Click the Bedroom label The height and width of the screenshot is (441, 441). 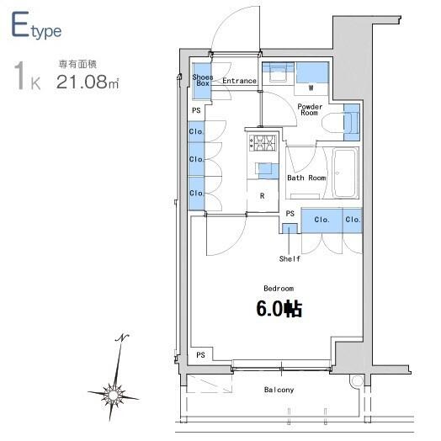(x=279, y=289)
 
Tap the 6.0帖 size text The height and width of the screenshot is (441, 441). (x=279, y=309)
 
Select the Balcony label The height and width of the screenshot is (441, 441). (x=279, y=390)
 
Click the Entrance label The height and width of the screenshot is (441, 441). (x=239, y=81)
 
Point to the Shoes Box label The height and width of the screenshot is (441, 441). (x=203, y=80)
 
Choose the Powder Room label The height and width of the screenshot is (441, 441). (x=310, y=109)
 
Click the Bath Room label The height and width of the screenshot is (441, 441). (x=306, y=178)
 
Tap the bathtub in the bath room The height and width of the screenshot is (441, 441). (x=345, y=173)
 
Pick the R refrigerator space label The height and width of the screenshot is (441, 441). (x=262, y=196)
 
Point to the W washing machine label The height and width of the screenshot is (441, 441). (x=311, y=88)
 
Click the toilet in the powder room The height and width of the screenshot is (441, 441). (x=332, y=123)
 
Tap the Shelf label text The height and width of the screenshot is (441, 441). (x=290, y=258)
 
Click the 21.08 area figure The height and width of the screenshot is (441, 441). (x=82, y=82)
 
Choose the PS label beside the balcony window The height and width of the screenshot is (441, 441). (x=200, y=355)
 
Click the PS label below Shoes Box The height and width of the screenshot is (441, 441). (x=196, y=110)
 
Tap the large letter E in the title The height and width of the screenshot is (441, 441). (x=20, y=24)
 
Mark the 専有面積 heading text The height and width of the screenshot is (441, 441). (x=77, y=65)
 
